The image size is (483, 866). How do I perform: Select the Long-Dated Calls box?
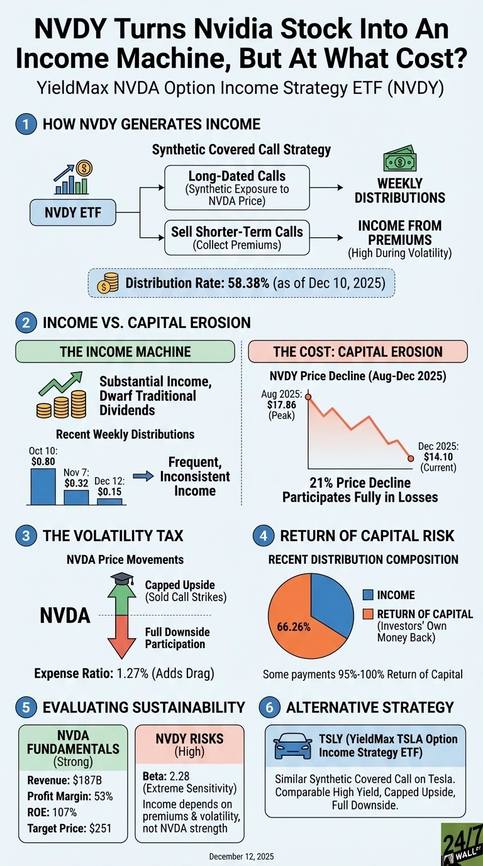click(x=236, y=187)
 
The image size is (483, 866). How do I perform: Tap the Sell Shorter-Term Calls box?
click(x=236, y=238)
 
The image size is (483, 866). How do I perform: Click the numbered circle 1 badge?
click(x=25, y=123)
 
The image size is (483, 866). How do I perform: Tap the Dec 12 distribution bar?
click(x=109, y=501)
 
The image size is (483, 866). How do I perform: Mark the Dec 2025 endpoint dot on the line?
click(x=411, y=458)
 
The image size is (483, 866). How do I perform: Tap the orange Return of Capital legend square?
click(x=368, y=614)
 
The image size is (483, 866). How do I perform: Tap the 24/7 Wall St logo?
click(x=461, y=843)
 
